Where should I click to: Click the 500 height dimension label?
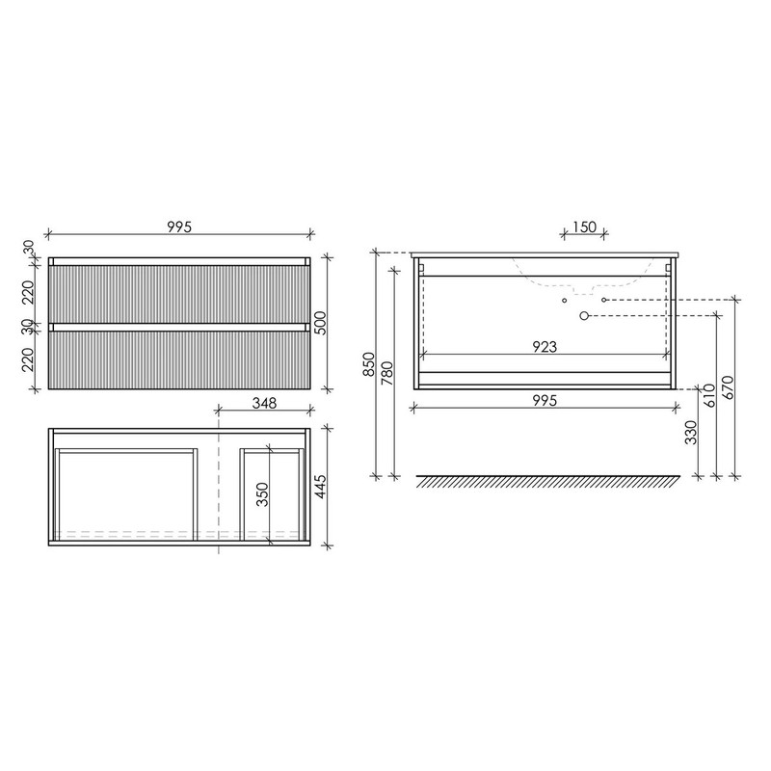click(320, 323)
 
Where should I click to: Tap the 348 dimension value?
click(264, 403)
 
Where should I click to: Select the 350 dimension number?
click(263, 494)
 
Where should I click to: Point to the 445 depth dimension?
click(320, 487)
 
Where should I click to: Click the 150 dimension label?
click(584, 227)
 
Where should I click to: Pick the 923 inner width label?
click(545, 347)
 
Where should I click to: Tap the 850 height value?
click(369, 364)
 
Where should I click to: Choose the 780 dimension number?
click(387, 373)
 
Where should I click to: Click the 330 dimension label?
click(691, 432)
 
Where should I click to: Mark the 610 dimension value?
click(710, 396)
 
